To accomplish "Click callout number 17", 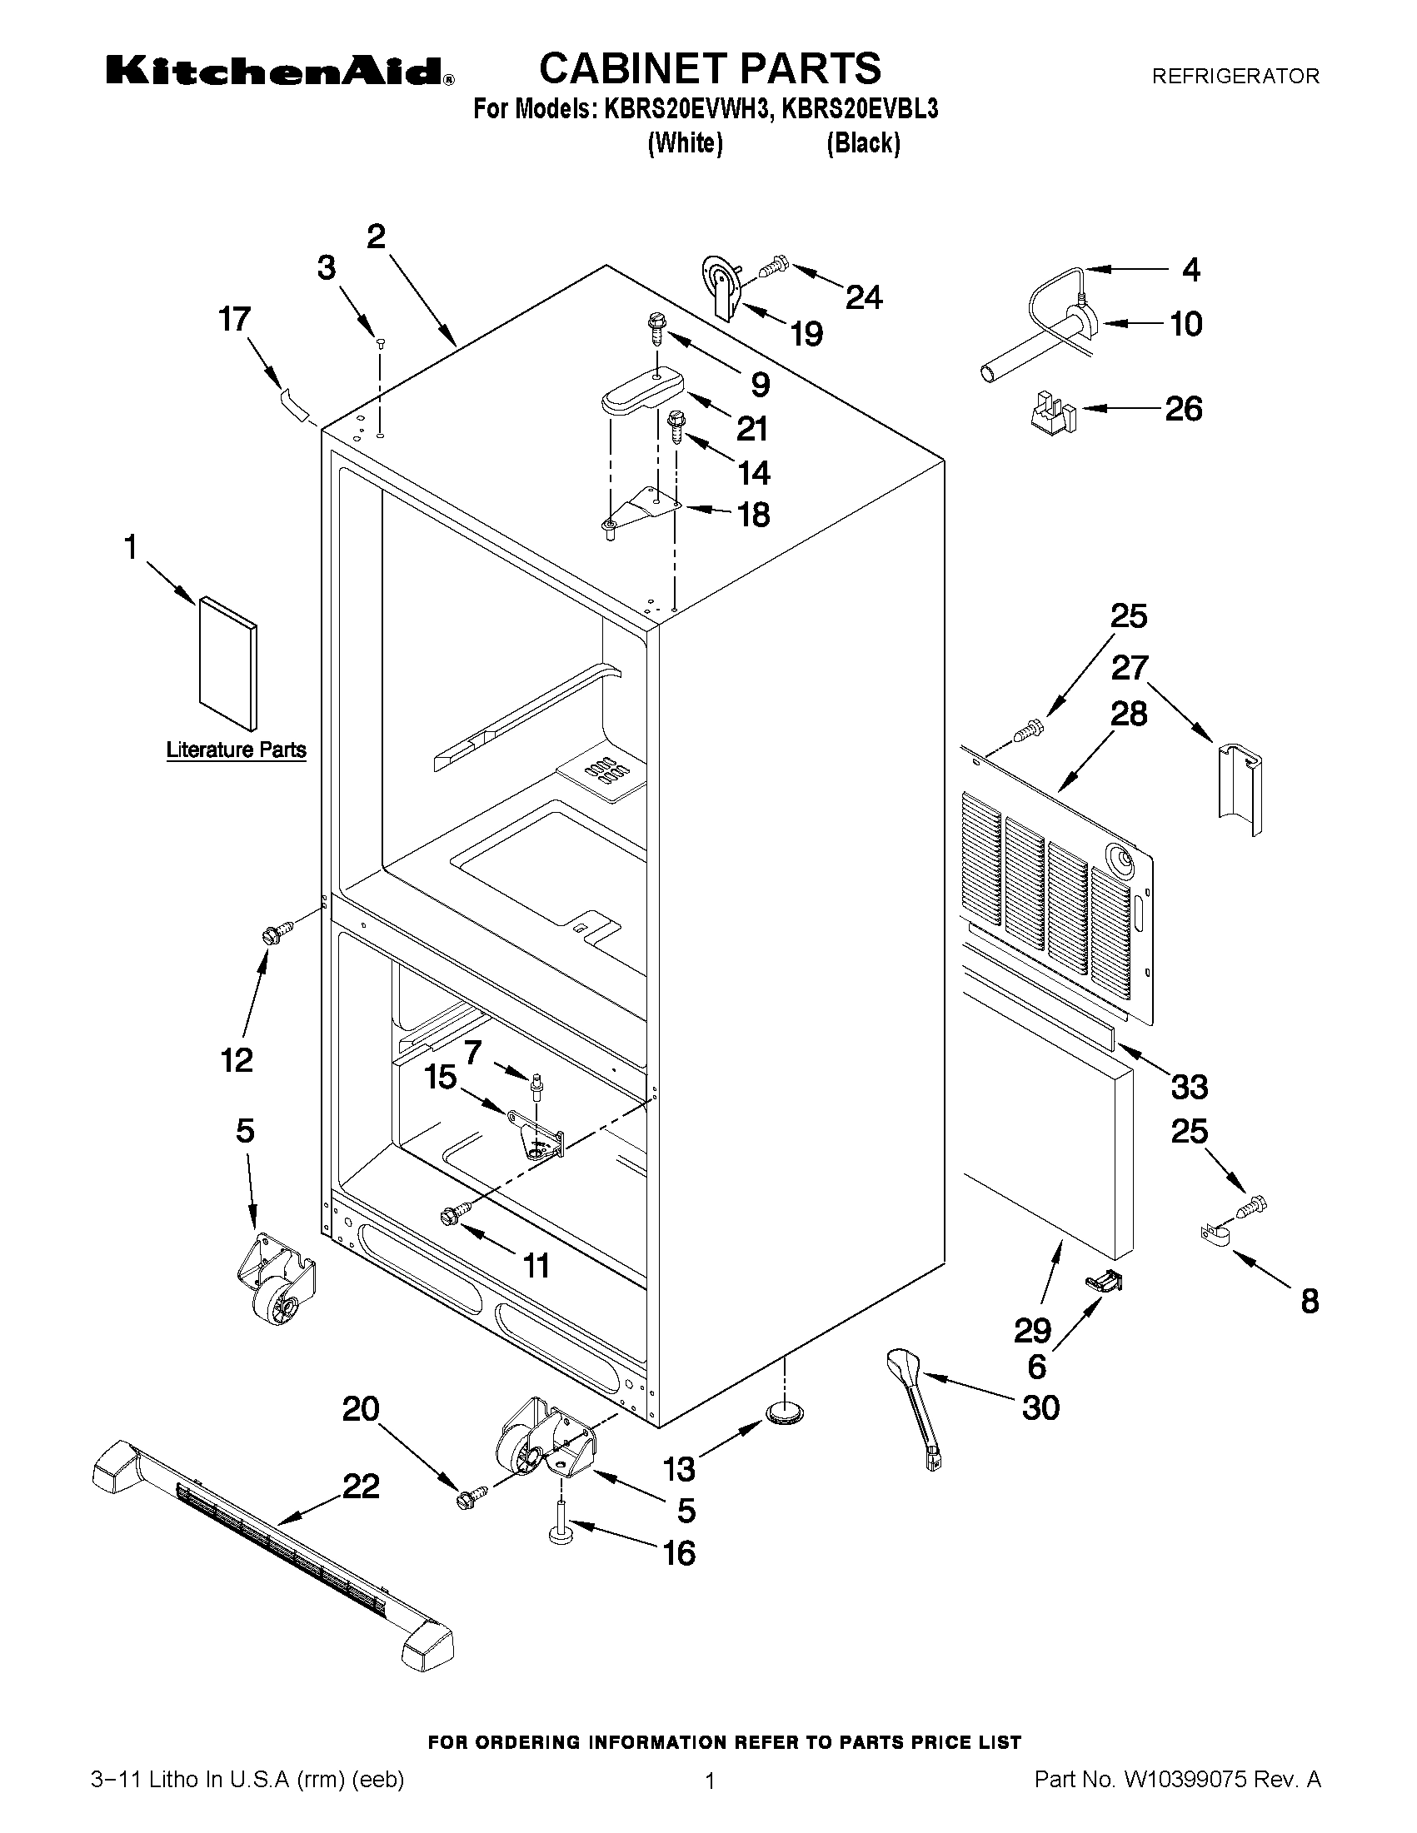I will [235, 319].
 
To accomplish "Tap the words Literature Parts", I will [236, 750].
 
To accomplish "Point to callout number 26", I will [1183, 409].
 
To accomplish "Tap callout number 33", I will [1189, 1087].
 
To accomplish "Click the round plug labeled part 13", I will [784, 1414].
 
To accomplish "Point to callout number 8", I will [1310, 1302].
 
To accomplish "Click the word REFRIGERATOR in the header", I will [1235, 77].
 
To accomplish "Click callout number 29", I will [1032, 1330].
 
